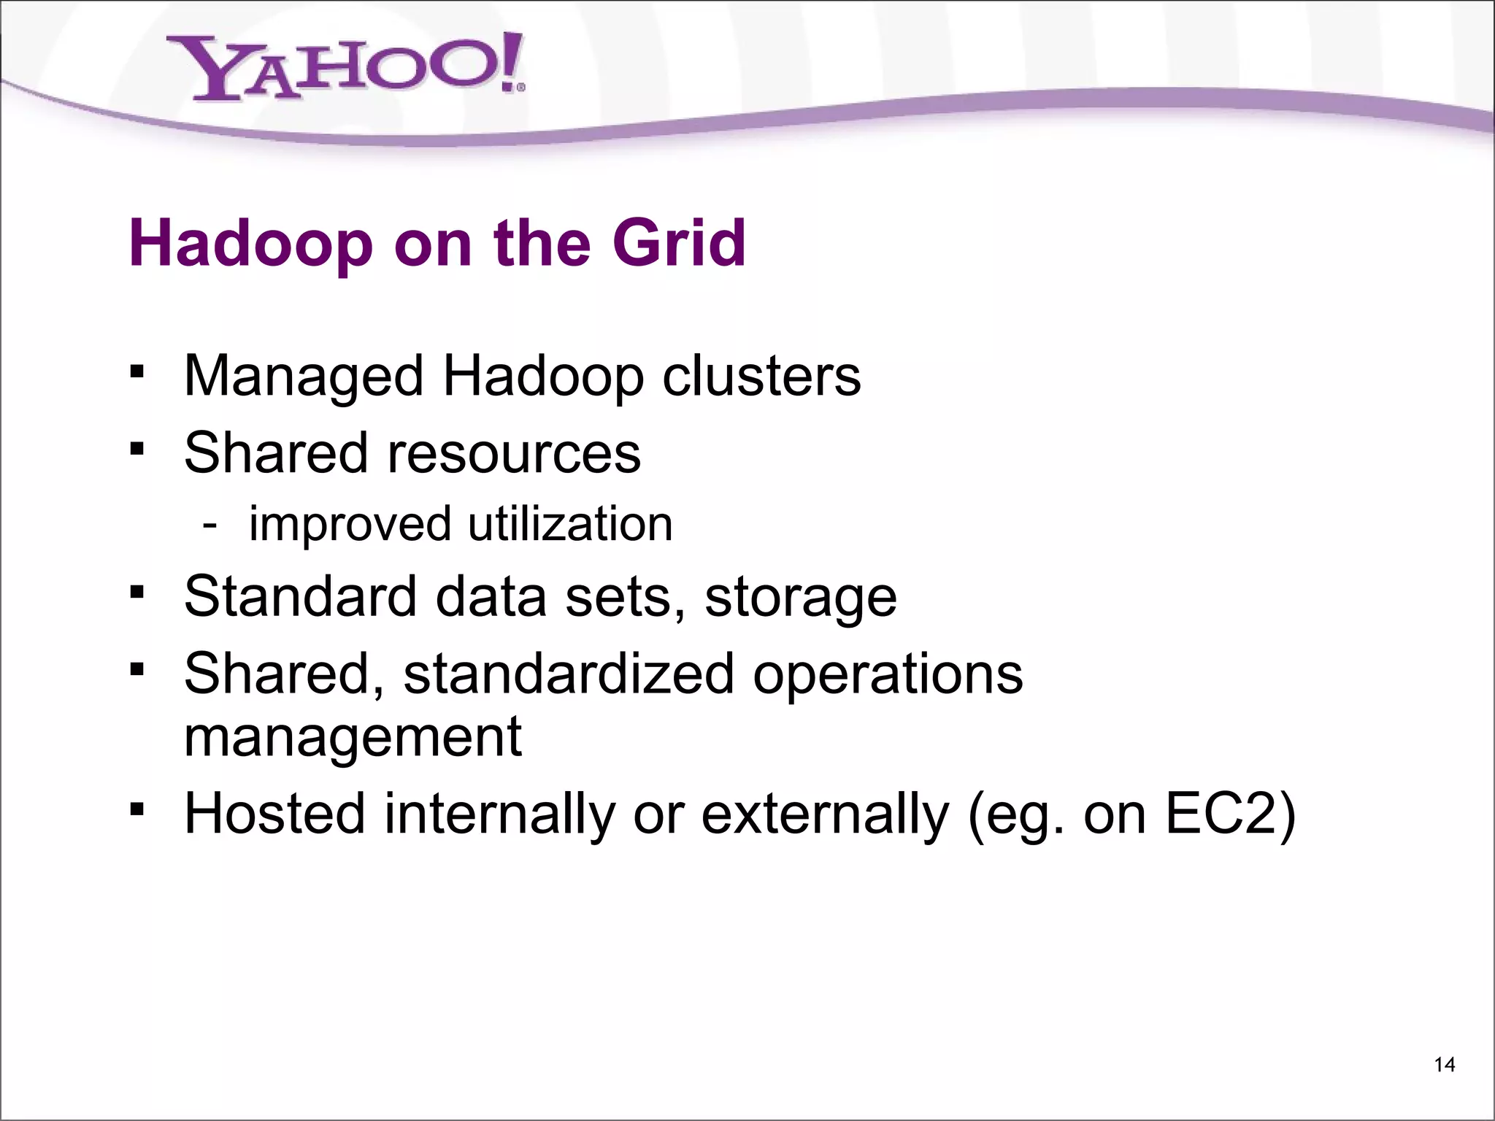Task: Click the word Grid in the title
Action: tap(679, 243)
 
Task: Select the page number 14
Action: tap(1445, 1065)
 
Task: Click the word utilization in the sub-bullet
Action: tap(569, 524)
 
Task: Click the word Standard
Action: tap(300, 596)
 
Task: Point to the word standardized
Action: tap(569, 674)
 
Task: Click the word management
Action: tap(353, 738)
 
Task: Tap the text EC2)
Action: tap(1231, 814)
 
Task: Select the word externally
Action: tap(826, 814)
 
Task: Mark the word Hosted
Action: tap(274, 814)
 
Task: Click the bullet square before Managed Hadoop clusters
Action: tap(137, 373)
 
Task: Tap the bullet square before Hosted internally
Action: tap(137, 809)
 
